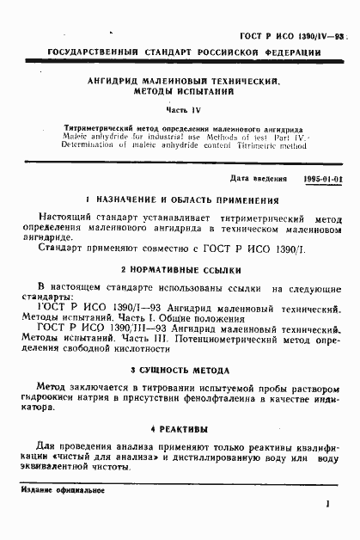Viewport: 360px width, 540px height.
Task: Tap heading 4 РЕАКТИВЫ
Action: pos(180,427)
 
